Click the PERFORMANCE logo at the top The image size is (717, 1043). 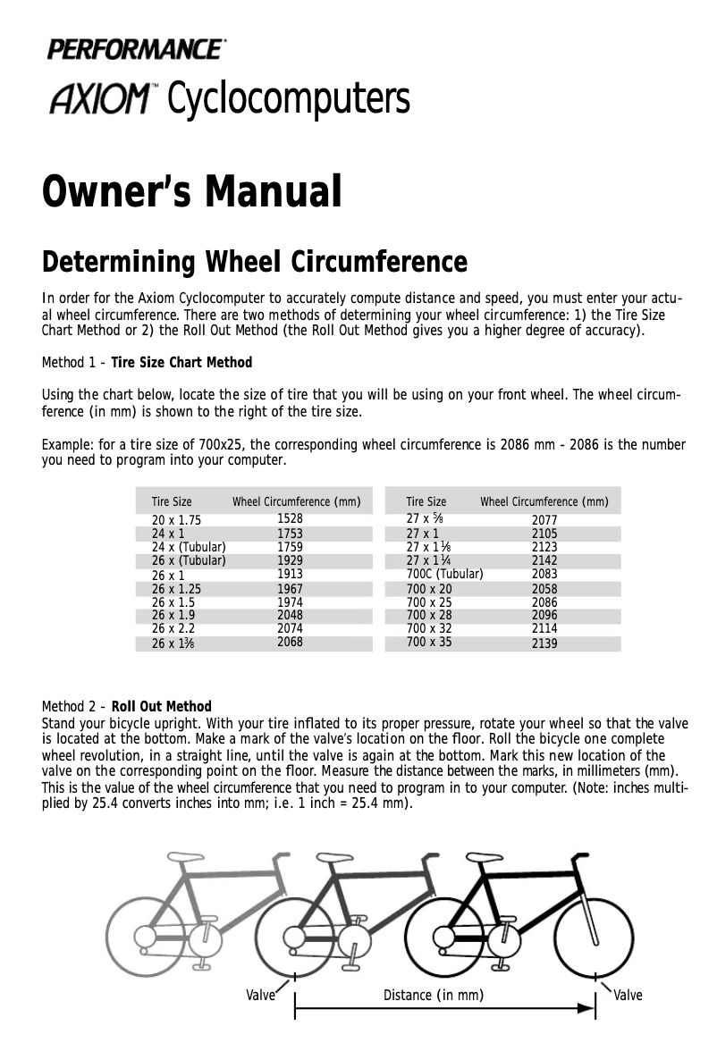click(136, 49)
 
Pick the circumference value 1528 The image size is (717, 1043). click(290, 518)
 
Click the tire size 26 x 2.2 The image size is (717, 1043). click(173, 628)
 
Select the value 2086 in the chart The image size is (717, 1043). click(544, 603)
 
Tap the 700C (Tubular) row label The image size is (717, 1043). click(444, 574)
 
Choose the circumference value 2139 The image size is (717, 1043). click(544, 643)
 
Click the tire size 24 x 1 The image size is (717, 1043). click(168, 534)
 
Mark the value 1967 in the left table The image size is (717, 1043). click(290, 589)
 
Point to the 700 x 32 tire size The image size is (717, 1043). click(429, 628)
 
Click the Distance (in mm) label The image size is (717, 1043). click(434, 996)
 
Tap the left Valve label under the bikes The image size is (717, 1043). click(260, 996)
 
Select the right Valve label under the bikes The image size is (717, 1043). click(628, 996)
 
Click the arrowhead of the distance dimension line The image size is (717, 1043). click(587, 1008)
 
